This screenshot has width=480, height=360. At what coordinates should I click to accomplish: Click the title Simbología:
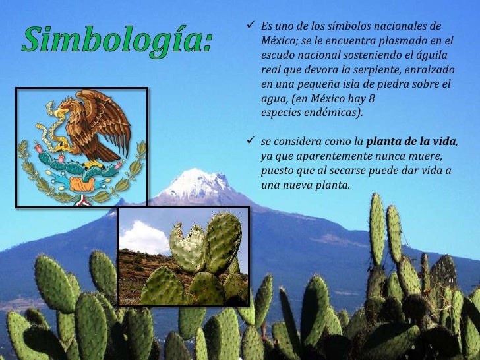[x=119, y=41]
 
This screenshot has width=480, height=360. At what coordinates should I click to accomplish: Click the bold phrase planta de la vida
[x=410, y=141]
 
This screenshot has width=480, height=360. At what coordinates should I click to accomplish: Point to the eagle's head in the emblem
[x=60, y=111]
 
